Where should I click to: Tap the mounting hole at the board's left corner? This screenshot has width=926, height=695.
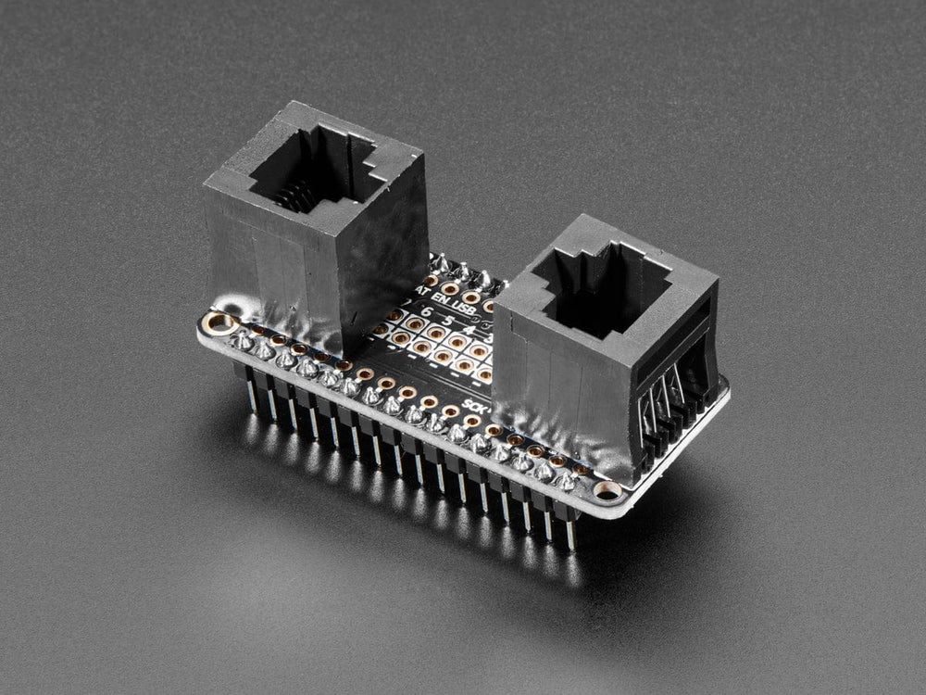tap(220, 323)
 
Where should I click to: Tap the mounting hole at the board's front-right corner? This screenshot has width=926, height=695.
tap(607, 489)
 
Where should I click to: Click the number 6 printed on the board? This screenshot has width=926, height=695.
tap(426, 312)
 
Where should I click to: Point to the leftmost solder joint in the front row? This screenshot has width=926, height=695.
tap(243, 342)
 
